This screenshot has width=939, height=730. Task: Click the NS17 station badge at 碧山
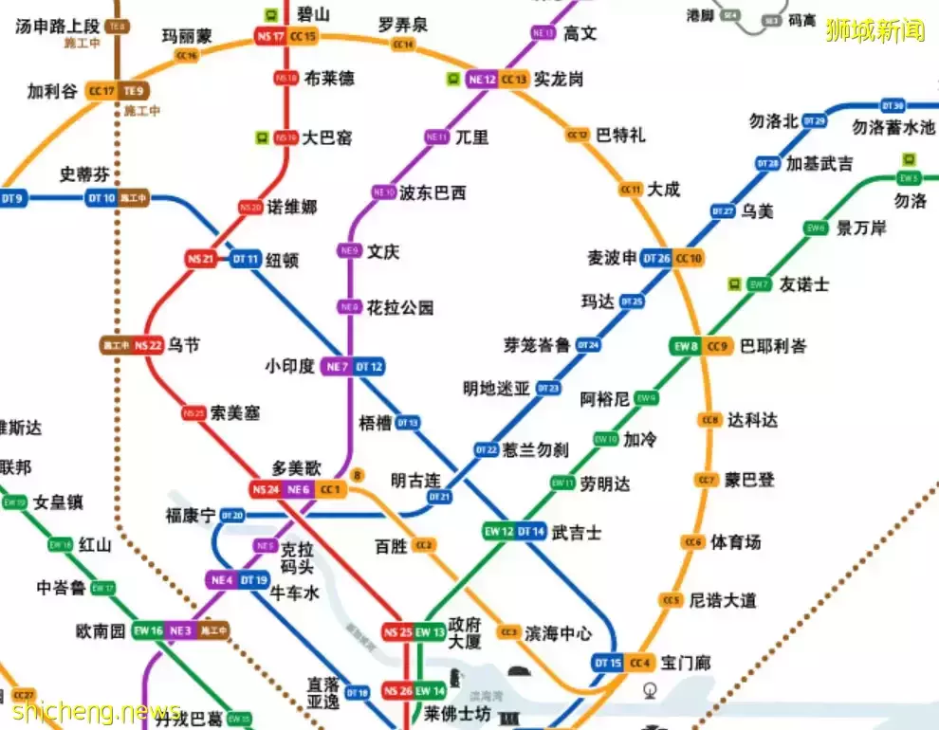tap(269, 36)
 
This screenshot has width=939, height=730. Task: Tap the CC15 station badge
tap(304, 36)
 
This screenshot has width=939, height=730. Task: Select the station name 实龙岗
tap(559, 79)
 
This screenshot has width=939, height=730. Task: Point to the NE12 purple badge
tap(482, 80)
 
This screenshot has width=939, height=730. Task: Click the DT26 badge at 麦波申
tap(656, 258)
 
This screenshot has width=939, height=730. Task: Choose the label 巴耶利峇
tap(773, 345)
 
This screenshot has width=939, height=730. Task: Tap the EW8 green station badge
tap(686, 346)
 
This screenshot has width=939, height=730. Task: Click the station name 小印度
tap(289, 366)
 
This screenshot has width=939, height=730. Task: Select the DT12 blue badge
tap(370, 367)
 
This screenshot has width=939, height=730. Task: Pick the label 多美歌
tap(297, 467)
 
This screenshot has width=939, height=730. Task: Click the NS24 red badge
tap(265, 489)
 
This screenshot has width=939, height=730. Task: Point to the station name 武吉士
tap(576, 532)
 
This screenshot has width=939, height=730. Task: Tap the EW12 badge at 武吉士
tap(498, 531)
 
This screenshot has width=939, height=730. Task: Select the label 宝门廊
tap(685, 662)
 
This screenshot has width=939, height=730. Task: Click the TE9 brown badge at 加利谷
tap(134, 91)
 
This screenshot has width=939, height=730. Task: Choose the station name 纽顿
tap(282, 259)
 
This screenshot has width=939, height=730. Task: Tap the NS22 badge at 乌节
tap(148, 345)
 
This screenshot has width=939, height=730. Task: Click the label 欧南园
tap(101, 630)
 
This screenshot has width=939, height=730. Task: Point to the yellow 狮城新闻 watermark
tap(875, 30)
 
